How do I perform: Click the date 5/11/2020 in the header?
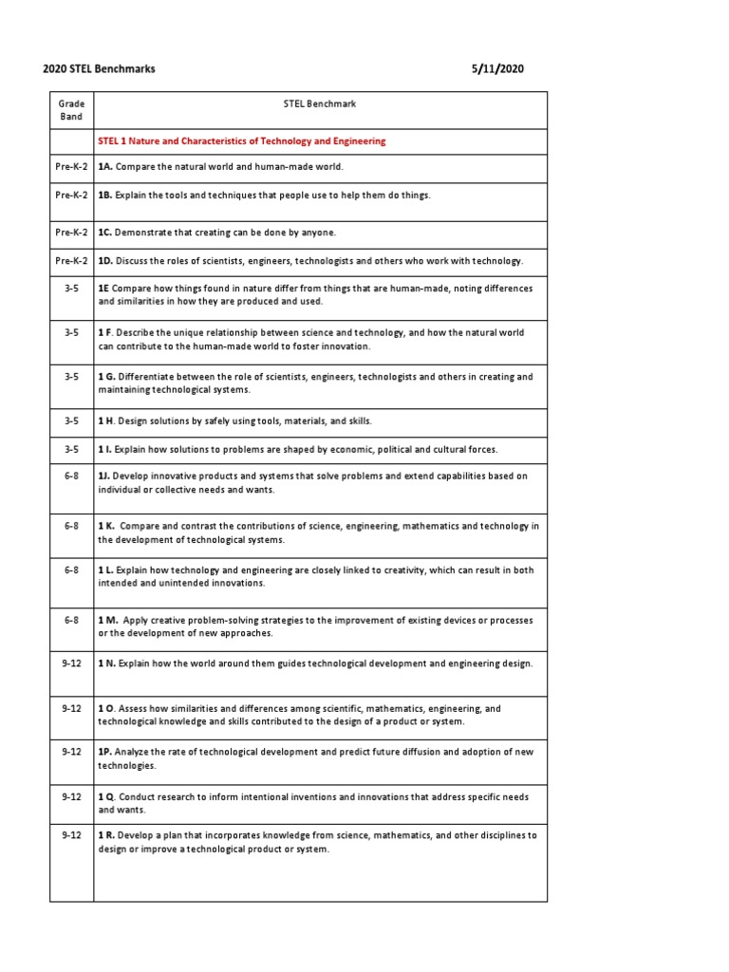(x=498, y=68)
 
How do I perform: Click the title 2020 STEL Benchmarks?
(x=99, y=68)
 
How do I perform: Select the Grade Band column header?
(x=71, y=110)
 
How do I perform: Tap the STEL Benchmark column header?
(x=321, y=103)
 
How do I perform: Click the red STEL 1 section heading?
(x=242, y=141)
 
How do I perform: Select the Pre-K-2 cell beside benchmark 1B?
(x=71, y=195)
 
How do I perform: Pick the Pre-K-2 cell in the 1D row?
(x=71, y=260)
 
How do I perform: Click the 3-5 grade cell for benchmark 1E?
(x=71, y=288)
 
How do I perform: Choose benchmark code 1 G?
(x=107, y=377)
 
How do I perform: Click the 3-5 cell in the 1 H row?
(x=71, y=421)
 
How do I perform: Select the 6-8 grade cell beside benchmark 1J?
(x=71, y=477)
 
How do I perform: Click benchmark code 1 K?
(x=107, y=526)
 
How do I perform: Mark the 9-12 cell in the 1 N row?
(x=71, y=664)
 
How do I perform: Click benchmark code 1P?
(x=105, y=752)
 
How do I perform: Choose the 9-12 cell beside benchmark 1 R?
(x=71, y=835)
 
